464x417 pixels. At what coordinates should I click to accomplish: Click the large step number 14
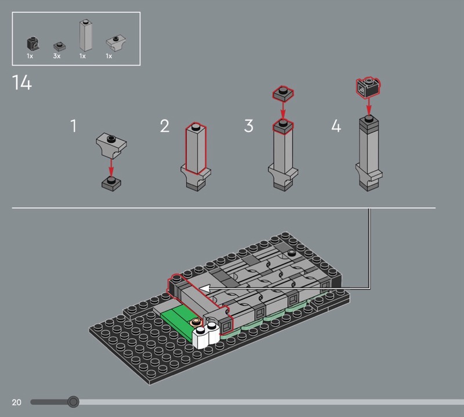[x=21, y=82]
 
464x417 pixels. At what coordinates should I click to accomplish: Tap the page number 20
[x=17, y=402]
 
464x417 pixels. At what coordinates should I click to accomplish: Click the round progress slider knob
[x=73, y=402]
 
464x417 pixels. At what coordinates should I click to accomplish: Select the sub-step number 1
[x=74, y=125]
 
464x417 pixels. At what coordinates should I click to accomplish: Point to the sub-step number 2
[x=165, y=125]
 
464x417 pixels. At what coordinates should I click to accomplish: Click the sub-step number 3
[x=249, y=125]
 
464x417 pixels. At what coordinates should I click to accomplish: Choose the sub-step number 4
[x=336, y=125]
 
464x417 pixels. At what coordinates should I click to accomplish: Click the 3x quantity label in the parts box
[x=56, y=56]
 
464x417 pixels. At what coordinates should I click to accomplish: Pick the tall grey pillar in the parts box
[x=85, y=35]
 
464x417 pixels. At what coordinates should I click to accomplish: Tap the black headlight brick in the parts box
[x=33, y=44]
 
